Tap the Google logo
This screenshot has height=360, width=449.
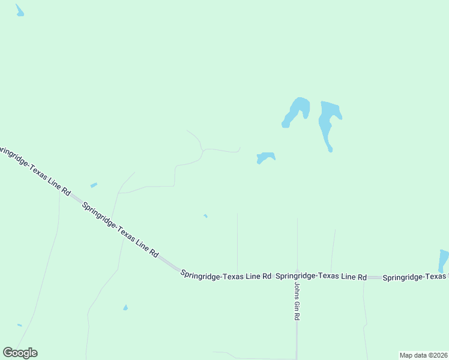tap(20, 353)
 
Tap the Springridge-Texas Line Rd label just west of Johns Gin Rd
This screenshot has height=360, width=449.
tap(226, 277)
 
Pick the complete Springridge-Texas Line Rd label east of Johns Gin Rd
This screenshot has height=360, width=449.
tap(321, 277)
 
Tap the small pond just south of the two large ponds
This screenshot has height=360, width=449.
tap(265, 157)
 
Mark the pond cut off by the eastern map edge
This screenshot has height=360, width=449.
tap(444, 260)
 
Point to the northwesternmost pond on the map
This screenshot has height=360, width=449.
tap(20, 11)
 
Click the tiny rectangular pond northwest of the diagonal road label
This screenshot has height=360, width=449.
tap(93, 185)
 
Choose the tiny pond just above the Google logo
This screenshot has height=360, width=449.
tap(20, 325)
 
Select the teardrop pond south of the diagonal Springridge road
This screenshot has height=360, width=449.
tap(125, 308)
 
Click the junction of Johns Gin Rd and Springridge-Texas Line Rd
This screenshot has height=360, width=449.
tap(297, 277)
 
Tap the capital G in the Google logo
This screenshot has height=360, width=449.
tap(8, 353)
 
